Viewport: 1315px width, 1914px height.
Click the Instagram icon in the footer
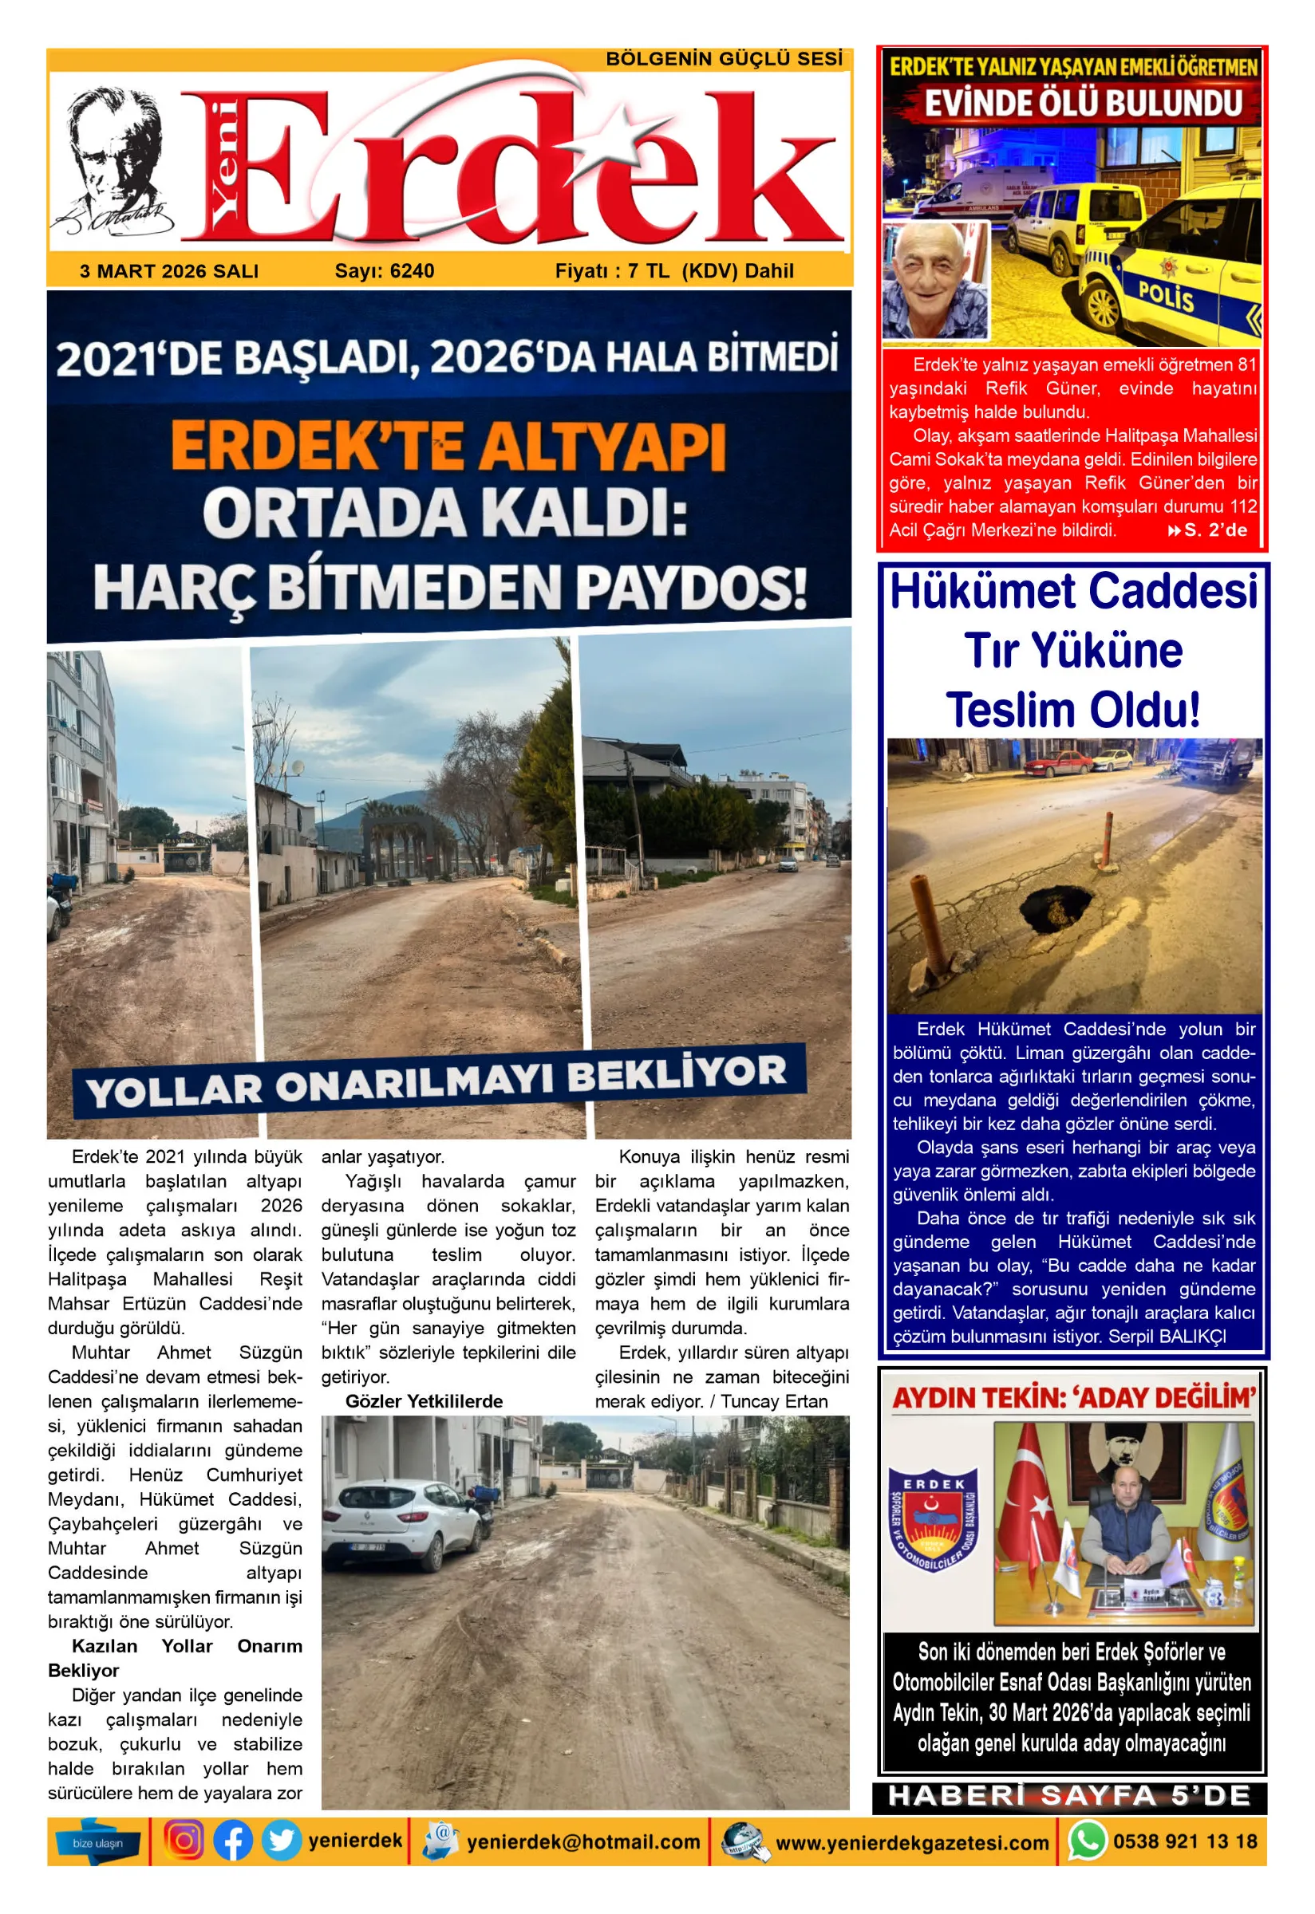[x=184, y=1841]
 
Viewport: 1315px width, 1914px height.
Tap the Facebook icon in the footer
[x=232, y=1841]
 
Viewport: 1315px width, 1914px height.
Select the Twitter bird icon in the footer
[x=281, y=1841]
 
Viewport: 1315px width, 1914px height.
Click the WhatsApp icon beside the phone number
[x=1087, y=1840]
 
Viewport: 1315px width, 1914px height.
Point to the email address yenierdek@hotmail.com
[x=582, y=1842]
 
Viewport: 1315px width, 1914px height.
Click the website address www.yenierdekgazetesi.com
[x=912, y=1842]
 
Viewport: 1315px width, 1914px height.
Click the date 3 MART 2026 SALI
[x=169, y=271]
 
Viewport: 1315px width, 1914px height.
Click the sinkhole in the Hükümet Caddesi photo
[x=1057, y=908]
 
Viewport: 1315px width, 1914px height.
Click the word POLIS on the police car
[x=1166, y=295]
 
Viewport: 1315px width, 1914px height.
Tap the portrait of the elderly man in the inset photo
[x=934, y=279]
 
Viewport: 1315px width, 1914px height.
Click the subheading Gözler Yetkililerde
[x=424, y=1401]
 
